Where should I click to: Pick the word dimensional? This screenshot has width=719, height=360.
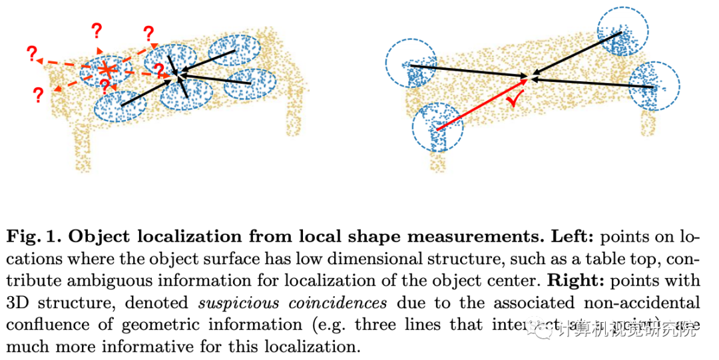(362, 260)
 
